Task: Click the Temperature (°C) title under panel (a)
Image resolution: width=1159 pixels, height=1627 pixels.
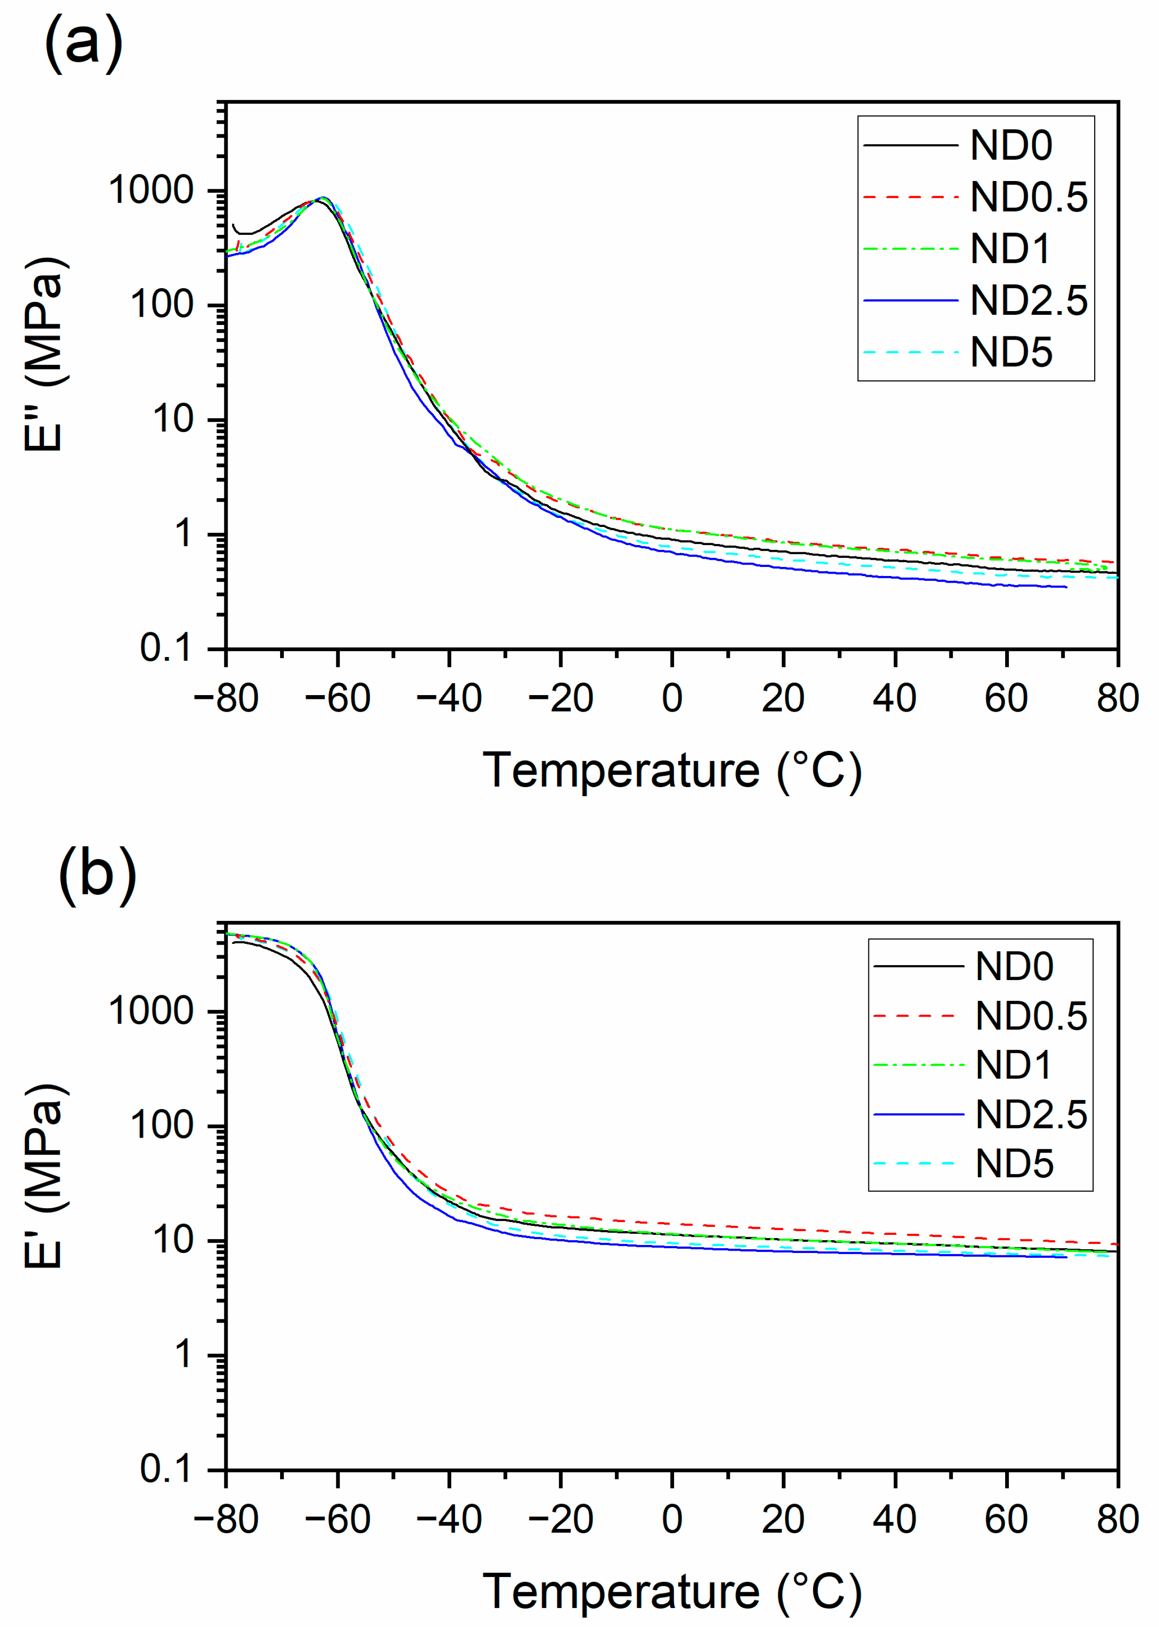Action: click(x=672, y=771)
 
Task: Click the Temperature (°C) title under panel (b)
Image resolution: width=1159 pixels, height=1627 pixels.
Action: click(x=672, y=1592)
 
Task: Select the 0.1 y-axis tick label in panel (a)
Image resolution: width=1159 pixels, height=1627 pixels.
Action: click(x=166, y=648)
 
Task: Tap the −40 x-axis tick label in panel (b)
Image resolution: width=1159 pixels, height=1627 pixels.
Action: click(x=448, y=1519)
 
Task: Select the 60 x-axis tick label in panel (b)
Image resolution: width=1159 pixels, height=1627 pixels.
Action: click(x=1006, y=1519)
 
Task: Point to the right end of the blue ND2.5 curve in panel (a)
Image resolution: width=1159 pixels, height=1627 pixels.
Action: click(x=1066, y=586)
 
